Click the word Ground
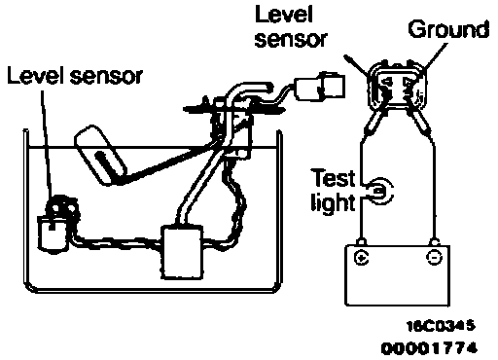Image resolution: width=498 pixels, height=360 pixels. [448, 30]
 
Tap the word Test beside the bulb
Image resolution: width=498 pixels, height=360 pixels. [334, 178]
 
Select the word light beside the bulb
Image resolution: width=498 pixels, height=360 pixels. [333, 202]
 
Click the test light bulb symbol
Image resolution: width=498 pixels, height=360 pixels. [380, 191]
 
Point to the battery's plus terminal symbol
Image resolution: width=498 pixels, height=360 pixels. [362, 258]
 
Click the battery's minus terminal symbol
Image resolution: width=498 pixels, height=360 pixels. [434, 257]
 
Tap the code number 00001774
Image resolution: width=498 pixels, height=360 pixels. [429, 348]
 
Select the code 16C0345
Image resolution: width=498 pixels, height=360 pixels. [441, 326]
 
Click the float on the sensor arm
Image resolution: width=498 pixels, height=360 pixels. [100, 155]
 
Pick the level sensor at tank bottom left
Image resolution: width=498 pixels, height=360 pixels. [57, 224]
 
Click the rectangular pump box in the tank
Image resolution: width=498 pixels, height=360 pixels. [182, 252]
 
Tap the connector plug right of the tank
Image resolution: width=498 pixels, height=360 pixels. [319, 87]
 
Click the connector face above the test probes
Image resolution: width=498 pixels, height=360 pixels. [396, 86]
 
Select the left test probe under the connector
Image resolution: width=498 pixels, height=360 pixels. [373, 123]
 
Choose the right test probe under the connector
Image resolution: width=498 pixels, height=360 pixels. [419, 123]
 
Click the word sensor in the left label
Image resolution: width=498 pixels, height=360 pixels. [106, 77]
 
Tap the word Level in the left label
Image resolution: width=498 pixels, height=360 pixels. [36, 75]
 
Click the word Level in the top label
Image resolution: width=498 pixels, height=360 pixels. [284, 15]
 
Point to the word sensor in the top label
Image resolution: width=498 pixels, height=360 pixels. [291, 40]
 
